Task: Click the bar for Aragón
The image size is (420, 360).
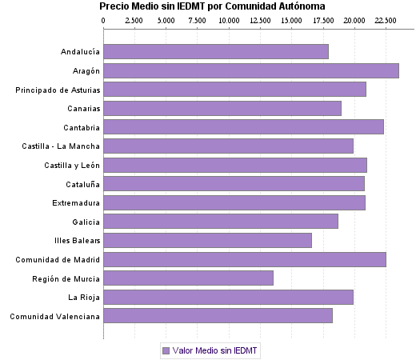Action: coord(251,70)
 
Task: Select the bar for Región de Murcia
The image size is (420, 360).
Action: coord(189,278)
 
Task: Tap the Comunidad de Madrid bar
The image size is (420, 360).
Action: coord(245,259)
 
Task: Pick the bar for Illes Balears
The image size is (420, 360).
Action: coord(208,240)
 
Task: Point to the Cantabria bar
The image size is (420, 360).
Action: coord(244,126)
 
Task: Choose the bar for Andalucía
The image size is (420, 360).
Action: coord(216,52)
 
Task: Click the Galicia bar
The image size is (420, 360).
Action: coord(221,222)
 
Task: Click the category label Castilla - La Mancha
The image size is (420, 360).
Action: coord(62,146)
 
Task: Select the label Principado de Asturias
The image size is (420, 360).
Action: coord(58,90)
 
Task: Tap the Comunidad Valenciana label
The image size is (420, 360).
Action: coord(54,316)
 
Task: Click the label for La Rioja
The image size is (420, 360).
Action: coord(83,298)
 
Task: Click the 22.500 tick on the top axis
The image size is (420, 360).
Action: coord(386,18)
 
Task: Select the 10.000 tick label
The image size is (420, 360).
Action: coord(229,18)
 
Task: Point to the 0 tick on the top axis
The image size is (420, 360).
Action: coord(104,18)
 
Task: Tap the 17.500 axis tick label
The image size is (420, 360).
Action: coord(323,18)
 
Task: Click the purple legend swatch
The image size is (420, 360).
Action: coord(166,350)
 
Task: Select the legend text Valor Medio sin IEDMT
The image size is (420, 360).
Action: coord(215,350)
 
